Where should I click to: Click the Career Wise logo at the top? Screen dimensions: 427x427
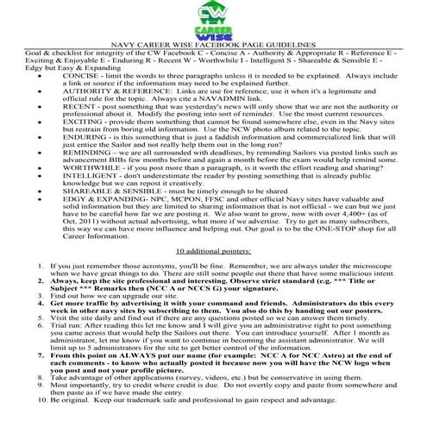coord(212,19)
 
